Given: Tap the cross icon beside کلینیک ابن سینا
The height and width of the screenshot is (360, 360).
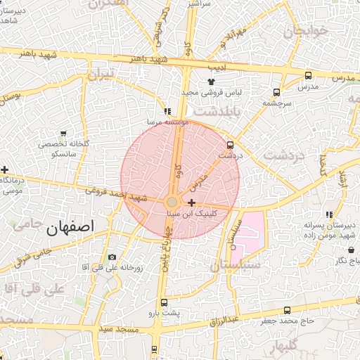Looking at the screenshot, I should (191, 202).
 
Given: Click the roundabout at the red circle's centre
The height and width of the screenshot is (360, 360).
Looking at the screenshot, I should (172, 203).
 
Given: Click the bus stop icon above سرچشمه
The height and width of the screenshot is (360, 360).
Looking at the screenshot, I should (277, 92).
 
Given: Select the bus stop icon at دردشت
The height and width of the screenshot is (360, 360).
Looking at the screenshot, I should (230, 144).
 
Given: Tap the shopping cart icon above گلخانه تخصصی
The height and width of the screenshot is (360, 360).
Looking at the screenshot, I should (64, 133).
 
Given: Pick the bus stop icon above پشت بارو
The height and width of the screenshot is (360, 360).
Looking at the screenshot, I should (165, 302).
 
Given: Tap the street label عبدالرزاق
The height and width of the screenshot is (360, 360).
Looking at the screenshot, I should (224, 321).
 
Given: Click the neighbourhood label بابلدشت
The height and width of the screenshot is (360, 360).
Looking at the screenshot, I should (217, 111).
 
